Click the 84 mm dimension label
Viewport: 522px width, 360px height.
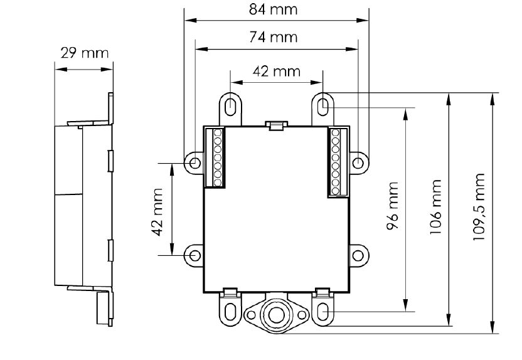point(274,9)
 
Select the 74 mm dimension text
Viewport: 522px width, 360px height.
point(274,37)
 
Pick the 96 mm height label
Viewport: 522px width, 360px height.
point(393,206)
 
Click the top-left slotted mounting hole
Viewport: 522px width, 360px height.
point(231,105)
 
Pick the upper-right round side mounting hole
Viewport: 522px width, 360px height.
point(358,163)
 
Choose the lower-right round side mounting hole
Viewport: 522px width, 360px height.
point(358,255)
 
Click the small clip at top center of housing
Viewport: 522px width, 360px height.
point(276,125)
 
